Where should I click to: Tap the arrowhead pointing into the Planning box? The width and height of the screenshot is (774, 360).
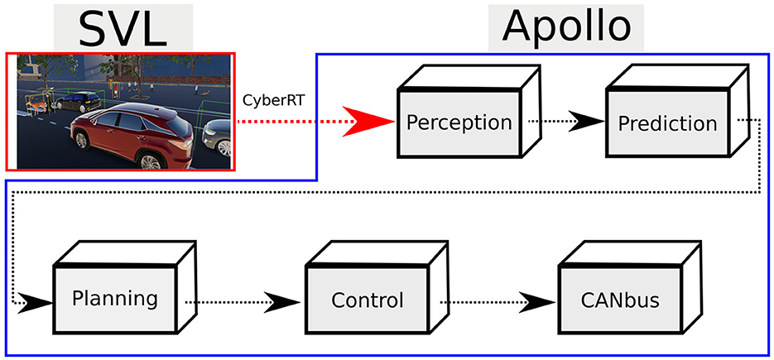(x=34, y=301)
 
